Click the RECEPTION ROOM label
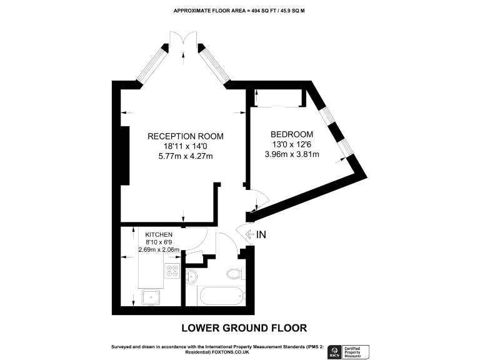[x=185, y=136]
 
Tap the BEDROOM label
[x=291, y=134]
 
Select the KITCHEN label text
[x=159, y=234]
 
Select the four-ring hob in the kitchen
[x=172, y=270]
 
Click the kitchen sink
[x=151, y=297]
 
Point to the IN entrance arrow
[x=256, y=234]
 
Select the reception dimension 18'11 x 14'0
[x=185, y=146]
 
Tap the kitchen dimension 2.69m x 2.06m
[x=159, y=250]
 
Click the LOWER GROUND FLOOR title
[x=244, y=327]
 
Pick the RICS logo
[x=334, y=351]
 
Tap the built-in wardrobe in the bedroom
[x=279, y=98]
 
